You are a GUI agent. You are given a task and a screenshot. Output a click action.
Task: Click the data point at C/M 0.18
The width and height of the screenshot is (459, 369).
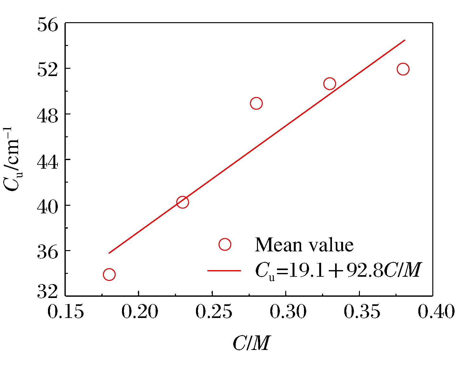coord(109,274)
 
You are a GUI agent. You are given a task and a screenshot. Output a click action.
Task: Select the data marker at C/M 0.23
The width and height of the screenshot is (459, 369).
coord(182,202)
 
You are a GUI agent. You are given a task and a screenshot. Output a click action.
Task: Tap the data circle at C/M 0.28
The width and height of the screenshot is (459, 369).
coord(256,103)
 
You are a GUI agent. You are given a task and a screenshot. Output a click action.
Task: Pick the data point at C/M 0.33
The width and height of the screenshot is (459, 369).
coord(330,84)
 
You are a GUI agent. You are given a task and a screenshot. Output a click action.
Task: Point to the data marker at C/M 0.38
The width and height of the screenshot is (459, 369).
coord(403,69)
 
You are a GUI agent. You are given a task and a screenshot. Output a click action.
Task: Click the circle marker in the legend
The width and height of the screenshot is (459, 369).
coord(225,244)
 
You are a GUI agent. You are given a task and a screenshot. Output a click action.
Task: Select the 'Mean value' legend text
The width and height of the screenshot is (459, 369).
coord(304,245)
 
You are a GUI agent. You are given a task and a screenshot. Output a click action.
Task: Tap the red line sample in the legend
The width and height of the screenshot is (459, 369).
coord(224,271)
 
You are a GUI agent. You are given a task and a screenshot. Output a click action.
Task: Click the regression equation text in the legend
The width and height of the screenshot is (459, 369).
coord(338,271)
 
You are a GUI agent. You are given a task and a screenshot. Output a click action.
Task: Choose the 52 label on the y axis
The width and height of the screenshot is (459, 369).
coord(48,69)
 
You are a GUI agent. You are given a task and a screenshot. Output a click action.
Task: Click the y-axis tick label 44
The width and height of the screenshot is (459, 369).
coord(48,160)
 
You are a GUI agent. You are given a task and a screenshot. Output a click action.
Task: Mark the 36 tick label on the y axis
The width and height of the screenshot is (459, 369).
coord(48,251)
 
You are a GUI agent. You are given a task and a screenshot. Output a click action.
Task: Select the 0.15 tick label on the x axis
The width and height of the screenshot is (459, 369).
coord(65,312)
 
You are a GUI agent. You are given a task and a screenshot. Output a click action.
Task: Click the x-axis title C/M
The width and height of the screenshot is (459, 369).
coord(251,343)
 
